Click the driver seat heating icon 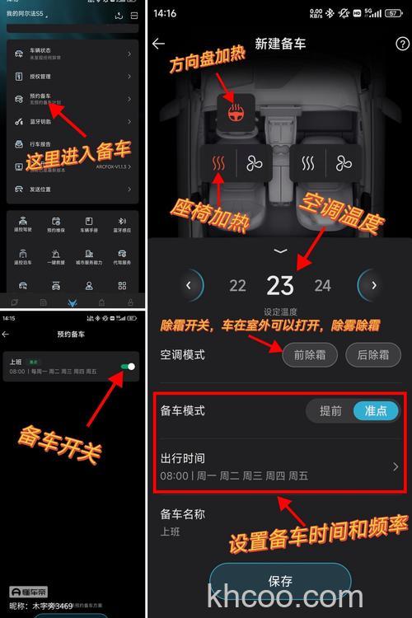[x=218, y=164]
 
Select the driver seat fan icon [x=254, y=164]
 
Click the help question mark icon [x=402, y=44]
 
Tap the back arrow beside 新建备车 [x=159, y=44]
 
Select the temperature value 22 [x=237, y=286]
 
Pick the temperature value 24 [x=322, y=286]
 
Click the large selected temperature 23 [x=280, y=285]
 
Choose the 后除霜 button [x=372, y=355]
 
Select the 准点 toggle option [x=376, y=411]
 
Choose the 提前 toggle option [x=330, y=411]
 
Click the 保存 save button [x=280, y=581]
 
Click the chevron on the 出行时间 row [x=396, y=466]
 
